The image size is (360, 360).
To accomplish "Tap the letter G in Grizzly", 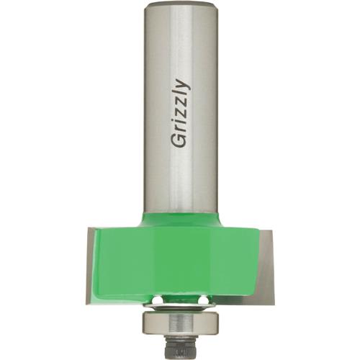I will tap(179, 140).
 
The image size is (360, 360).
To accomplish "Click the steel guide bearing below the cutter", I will tap(180, 318).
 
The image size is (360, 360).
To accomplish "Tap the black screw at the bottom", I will tap(180, 347).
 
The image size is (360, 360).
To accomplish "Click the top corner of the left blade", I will tap(89, 230).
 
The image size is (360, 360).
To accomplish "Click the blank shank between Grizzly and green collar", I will tap(180, 180).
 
